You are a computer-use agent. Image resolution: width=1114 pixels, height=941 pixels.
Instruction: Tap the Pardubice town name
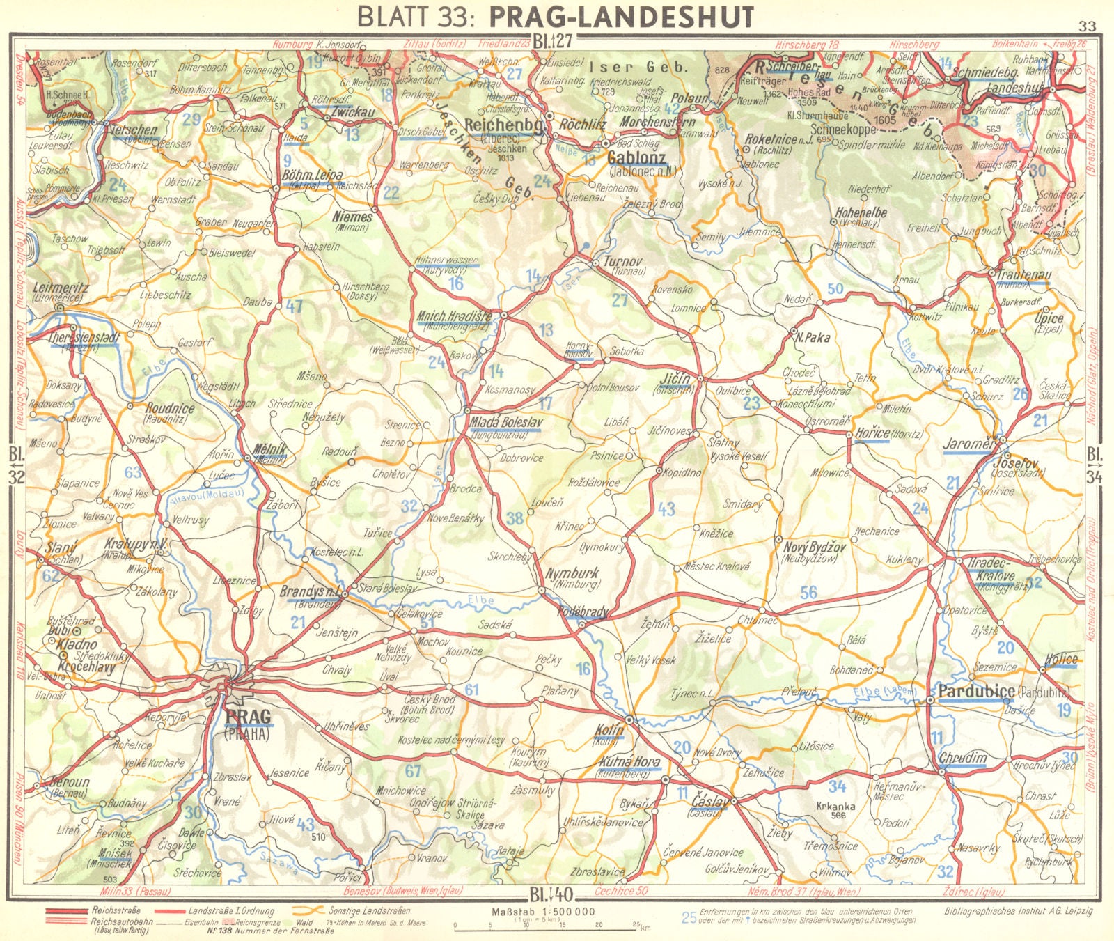tap(976, 692)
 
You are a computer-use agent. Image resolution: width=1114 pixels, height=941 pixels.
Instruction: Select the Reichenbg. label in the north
tap(503, 124)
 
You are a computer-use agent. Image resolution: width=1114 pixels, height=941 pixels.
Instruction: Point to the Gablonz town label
tap(636, 157)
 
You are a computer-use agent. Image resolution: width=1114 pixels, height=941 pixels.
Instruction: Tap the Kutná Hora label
tap(629, 763)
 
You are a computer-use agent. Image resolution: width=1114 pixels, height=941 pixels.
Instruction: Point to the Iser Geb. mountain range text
tap(638, 68)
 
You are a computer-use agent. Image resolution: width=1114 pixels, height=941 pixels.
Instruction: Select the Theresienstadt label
tap(85, 337)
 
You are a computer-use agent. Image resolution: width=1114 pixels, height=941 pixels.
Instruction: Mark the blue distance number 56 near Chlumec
tap(808, 593)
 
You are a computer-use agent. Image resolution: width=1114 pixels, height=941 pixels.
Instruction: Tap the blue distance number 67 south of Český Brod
tap(413, 770)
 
